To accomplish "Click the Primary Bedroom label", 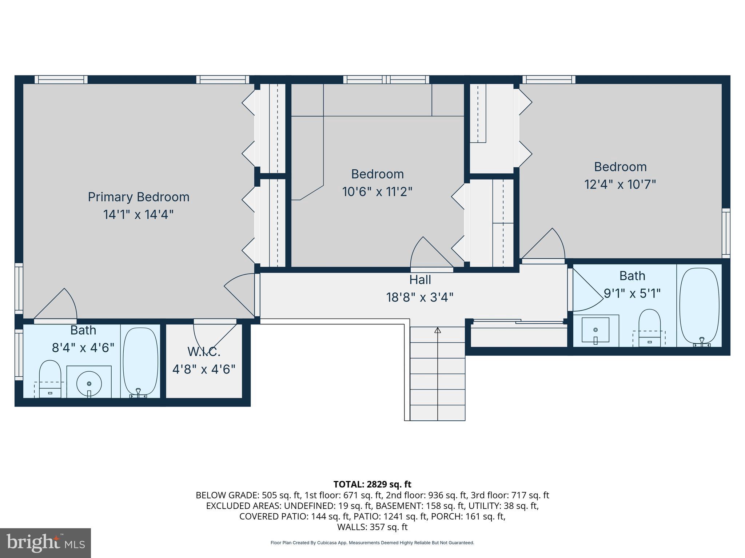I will click(139, 197).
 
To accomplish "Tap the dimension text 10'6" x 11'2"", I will click(377, 191).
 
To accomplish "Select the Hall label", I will click(420, 280).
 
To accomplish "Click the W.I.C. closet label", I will click(204, 352).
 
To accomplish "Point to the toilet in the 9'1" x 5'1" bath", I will click(649, 327).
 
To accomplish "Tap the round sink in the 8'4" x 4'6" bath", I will click(89, 384).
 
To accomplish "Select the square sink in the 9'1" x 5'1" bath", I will click(595, 330).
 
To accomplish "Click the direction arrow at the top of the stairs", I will click(438, 330).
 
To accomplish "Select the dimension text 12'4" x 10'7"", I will click(620, 185).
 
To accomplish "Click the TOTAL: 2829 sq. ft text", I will click(372, 484).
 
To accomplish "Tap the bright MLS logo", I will click(45, 543).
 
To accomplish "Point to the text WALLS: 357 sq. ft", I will click(372, 527).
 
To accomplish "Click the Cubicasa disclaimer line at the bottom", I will click(372, 543).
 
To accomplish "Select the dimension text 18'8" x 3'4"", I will click(420, 298).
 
